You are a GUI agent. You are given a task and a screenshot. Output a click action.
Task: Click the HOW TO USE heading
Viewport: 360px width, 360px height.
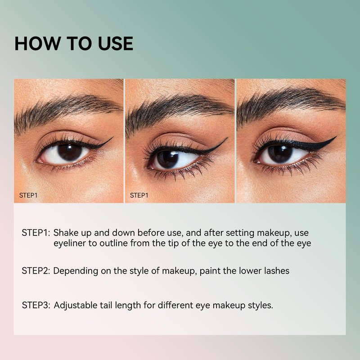click(74, 43)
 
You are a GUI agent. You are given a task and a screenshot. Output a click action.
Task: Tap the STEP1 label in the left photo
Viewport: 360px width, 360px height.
click(28, 195)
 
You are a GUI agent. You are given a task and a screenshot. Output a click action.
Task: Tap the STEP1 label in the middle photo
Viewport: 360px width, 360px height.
click(139, 195)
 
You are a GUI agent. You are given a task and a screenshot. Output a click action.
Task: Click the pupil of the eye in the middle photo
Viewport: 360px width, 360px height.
click(167, 159)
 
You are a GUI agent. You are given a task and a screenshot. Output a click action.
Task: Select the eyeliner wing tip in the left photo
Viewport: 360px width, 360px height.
click(113, 137)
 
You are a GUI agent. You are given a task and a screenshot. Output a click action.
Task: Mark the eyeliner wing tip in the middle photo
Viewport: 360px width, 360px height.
click(227, 138)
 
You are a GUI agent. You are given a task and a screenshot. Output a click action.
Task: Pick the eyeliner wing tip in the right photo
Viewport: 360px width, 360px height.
click(336, 137)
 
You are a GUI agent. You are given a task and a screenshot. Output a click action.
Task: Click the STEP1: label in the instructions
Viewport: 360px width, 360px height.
click(36, 233)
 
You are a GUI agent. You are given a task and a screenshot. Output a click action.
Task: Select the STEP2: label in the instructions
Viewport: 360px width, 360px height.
click(36, 271)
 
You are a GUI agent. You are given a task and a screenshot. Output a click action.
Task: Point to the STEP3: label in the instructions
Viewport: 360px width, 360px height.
click(36, 306)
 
